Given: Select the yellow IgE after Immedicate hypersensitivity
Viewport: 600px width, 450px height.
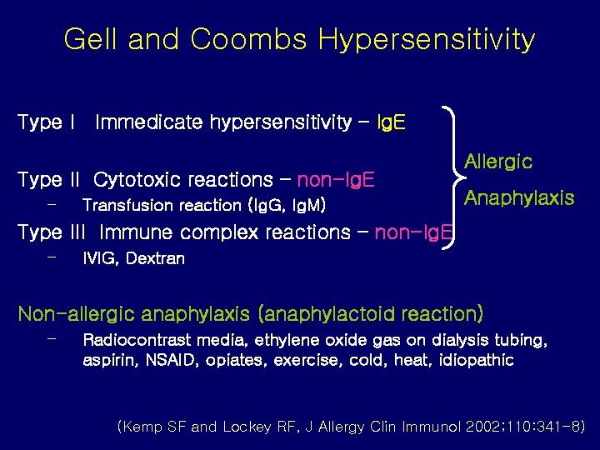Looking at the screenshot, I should pyautogui.click(x=391, y=123).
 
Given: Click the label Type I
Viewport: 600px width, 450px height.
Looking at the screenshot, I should pyautogui.click(x=47, y=123).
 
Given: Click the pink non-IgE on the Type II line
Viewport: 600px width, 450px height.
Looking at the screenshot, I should pyautogui.click(x=336, y=180).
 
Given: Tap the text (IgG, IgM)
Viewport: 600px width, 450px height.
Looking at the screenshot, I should pyautogui.click(x=287, y=205).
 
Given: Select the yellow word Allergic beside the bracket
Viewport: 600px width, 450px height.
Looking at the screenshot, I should pyautogui.click(x=497, y=162).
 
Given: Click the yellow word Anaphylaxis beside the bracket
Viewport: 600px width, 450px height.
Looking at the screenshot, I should pyautogui.click(x=519, y=198).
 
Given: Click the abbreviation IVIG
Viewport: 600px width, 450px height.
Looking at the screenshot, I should pyautogui.click(x=100, y=258).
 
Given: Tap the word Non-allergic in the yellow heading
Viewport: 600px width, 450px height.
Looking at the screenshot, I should pyautogui.click(x=76, y=314).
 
